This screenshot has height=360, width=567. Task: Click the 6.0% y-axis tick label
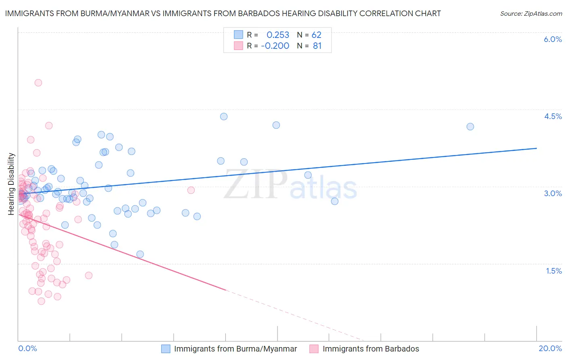pyautogui.click(x=552, y=39)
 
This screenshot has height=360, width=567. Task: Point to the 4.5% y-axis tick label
pyautogui.click(x=552, y=116)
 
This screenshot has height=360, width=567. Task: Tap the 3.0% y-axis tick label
pyautogui.click(x=552, y=193)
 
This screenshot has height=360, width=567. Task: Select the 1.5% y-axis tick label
pyautogui.click(x=554, y=271)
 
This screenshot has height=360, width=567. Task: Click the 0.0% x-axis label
pyautogui.click(x=27, y=348)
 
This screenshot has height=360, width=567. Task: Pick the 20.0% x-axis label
pyautogui.click(x=550, y=348)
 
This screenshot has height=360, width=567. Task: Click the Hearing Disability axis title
pyautogui.click(x=11, y=184)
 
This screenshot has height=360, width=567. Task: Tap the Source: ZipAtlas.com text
pyautogui.click(x=531, y=14)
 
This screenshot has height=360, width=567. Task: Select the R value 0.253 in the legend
pyautogui.click(x=278, y=35)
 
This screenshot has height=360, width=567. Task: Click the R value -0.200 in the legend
pyautogui.click(x=275, y=46)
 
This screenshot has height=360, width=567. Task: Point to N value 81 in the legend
pyautogui.click(x=317, y=46)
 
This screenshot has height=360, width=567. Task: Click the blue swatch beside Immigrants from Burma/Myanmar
pyautogui.click(x=166, y=349)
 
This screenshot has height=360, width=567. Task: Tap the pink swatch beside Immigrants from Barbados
pyautogui.click(x=314, y=349)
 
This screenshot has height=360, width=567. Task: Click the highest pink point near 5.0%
pyautogui.click(x=38, y=83)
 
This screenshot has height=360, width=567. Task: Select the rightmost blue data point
pyautogui.click(x=470, y=127)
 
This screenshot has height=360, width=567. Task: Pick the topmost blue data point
pyautogui.click(x=224, y=117)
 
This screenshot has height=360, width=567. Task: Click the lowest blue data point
pyautogui.click(x=140, y=254)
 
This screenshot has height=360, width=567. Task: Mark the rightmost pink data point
pyautogui.click(x=191, y=190)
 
